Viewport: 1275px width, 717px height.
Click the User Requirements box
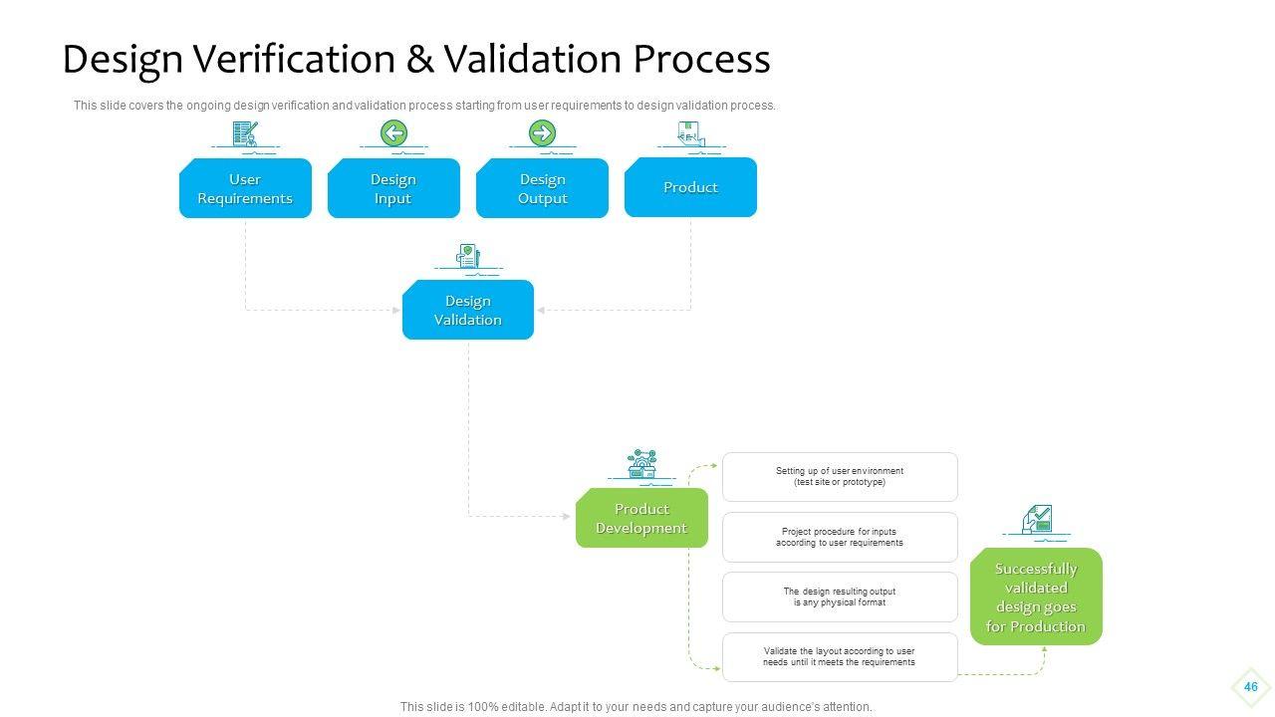[x=245, y=188]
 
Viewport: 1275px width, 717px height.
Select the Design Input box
[x=393, y=188]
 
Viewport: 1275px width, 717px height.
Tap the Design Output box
[x=543, y=188]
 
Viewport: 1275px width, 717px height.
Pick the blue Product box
[x=690, y=187]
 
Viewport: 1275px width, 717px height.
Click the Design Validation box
[x=468, y=310]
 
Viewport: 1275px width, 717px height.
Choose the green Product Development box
[x=642, y=518]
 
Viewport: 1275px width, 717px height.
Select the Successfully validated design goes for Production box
[x=1037, y=597]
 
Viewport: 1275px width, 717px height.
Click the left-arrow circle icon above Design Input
[x=393, y=133]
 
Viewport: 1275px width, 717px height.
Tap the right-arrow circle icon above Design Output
[x=543, y=133]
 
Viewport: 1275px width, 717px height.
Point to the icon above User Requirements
[x=245, y=133]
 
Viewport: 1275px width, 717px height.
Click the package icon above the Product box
[x=691, y=133]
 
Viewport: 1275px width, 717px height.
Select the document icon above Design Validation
[x=468, y=256]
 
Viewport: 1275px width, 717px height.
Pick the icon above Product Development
[x=642, y=463]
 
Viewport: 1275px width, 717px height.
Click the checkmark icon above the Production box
[x=1037, y=519]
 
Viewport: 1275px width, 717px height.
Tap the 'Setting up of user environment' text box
[x=840, y=477]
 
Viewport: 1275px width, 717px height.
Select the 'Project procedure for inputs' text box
[x=840, y=537]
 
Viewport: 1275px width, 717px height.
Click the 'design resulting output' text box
[x=840, y=597]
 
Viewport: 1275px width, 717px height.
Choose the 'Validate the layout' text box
[x=840, y=657]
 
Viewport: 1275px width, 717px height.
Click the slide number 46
[x=1250, y=687]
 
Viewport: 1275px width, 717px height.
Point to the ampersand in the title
[x=420, y=59]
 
